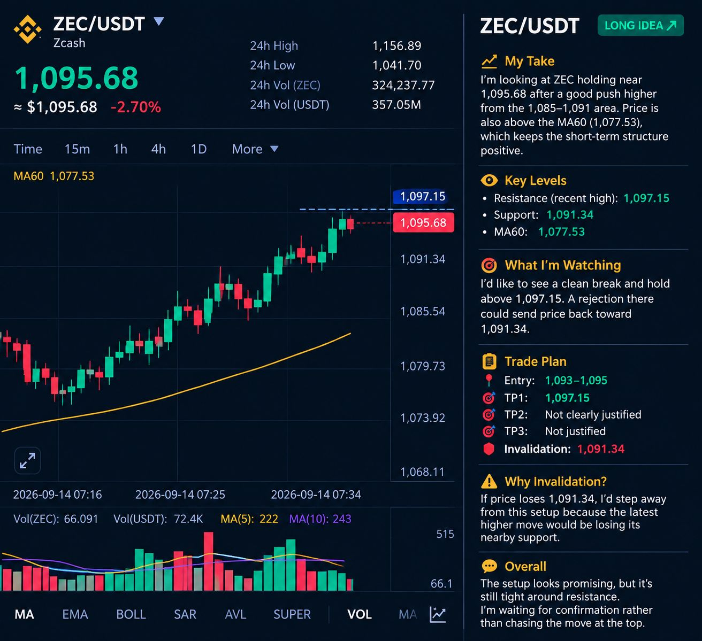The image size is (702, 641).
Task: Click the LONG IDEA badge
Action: (640, 25)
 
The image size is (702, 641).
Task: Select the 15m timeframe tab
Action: (78, 149)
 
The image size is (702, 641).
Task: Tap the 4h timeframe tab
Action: (158, 149)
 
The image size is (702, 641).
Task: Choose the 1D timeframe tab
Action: (199, 149)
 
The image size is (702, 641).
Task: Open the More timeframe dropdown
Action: (255, 149)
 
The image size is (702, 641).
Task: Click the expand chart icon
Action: (27, 460)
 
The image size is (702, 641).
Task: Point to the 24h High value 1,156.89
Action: (396, 46)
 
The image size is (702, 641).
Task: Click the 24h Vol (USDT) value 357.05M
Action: (396, 105)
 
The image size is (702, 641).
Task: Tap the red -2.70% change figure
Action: (136, 107)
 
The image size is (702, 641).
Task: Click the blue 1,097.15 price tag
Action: (423, 197)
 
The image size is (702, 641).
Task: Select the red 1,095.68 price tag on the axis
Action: (423, 223)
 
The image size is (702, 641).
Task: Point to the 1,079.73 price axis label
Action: (423, 366)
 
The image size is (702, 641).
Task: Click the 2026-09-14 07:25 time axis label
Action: (180, 495)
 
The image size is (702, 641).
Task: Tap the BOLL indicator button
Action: (131, 614)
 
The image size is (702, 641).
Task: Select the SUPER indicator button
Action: (292, 614)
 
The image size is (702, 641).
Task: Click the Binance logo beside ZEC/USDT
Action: (27, 30)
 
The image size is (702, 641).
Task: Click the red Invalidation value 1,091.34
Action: (601, 449)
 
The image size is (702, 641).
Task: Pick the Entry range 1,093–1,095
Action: (576, 381)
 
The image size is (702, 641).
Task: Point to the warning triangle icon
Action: (489, 482)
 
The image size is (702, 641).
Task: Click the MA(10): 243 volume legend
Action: (320, 519)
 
